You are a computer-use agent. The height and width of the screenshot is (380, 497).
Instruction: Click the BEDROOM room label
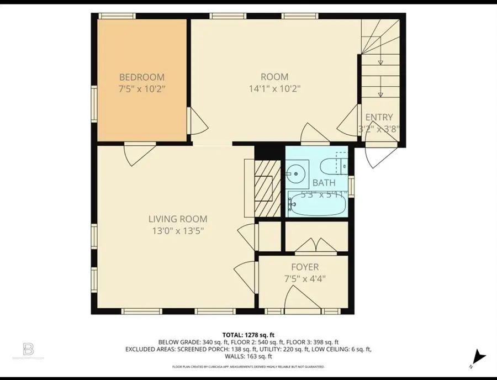(x=142, y=77)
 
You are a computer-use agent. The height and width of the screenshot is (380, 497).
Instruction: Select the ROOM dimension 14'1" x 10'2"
(x=274, y=88)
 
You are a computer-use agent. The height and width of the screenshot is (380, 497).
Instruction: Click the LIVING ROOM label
(x=177, y=219)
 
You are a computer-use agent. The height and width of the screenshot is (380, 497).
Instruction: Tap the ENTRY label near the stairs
(x=379, y=117)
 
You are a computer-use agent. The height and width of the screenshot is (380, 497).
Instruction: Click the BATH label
(x=324, y=182)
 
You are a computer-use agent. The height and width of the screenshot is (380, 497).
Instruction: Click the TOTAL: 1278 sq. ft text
(x=248, y=335)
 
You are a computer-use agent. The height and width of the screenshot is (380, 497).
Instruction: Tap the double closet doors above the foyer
(x=313, y=245)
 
